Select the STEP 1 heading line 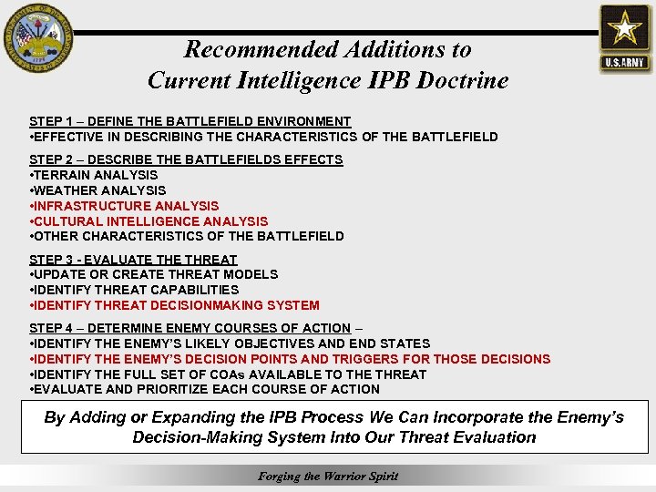click(190, 121)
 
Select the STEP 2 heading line click(186, 159)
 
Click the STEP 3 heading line click(133, 260)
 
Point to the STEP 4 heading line click(190, 328)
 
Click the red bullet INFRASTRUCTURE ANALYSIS click(125, 206)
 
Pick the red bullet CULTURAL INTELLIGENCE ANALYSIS click(149, 221)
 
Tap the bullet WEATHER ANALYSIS click(98, 190)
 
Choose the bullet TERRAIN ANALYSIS click(94, 175)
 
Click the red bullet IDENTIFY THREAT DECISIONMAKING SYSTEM click(175, 305)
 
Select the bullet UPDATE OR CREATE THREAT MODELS click(154, 274)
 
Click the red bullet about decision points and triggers click(290, 359)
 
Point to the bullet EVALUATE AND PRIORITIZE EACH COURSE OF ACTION click(205, 389)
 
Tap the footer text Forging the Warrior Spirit click(328, 476)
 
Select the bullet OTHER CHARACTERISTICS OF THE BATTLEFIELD click(187, 236)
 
